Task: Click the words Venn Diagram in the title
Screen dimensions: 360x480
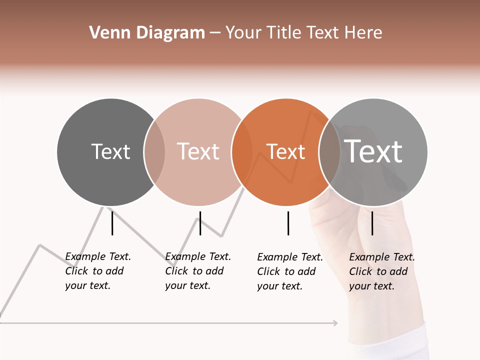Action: click(147, 33)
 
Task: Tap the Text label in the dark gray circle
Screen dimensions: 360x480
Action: click(110, 151)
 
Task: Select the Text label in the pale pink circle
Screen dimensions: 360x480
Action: click(198, 151)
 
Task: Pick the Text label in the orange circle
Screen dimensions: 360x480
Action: click(285, 151)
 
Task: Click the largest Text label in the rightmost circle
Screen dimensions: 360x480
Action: click(373, 151)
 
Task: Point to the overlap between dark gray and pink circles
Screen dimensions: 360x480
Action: click(154, 152)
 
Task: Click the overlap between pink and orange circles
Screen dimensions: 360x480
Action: click(242, 152)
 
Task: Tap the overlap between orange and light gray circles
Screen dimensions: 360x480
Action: click(329, 152)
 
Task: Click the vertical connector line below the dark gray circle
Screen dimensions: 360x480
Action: click(112, 223)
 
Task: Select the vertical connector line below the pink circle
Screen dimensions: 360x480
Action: click(200, 223)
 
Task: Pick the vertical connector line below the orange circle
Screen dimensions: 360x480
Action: click(288, 223)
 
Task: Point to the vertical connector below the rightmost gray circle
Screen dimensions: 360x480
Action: click(372, 223)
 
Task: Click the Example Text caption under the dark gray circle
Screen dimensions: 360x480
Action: click(98, 271)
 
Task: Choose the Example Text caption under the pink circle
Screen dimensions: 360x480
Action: click(198, 271)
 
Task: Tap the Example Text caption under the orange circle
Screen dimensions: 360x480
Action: click(290, 271)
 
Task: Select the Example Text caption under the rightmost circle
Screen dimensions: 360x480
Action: click(382, 271)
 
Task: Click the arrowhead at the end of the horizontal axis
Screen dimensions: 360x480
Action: click(335, 323)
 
